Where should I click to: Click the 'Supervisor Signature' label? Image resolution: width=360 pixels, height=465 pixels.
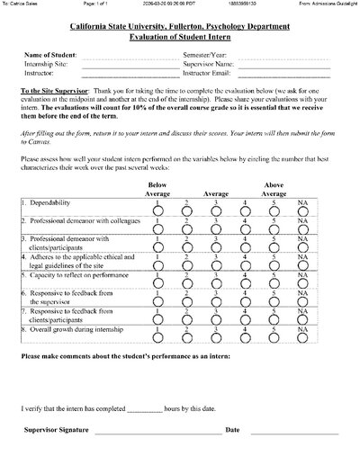point(57,431)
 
